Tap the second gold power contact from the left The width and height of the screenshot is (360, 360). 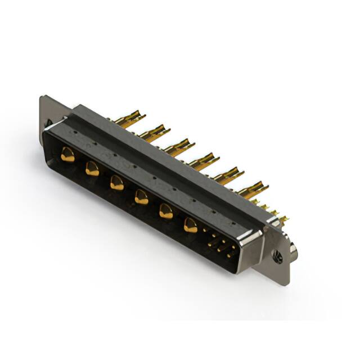(x=92, y=168)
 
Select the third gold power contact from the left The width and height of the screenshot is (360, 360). (x=117, y=182)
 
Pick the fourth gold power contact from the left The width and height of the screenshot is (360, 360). (x=142, y=197)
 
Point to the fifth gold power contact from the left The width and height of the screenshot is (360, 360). (x=166, y=211)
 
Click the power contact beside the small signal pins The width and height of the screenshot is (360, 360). (x=191, y=226)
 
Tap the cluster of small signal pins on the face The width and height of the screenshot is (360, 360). (x=221, y=246)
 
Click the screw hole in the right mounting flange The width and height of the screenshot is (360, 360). (x=277, y=258)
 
